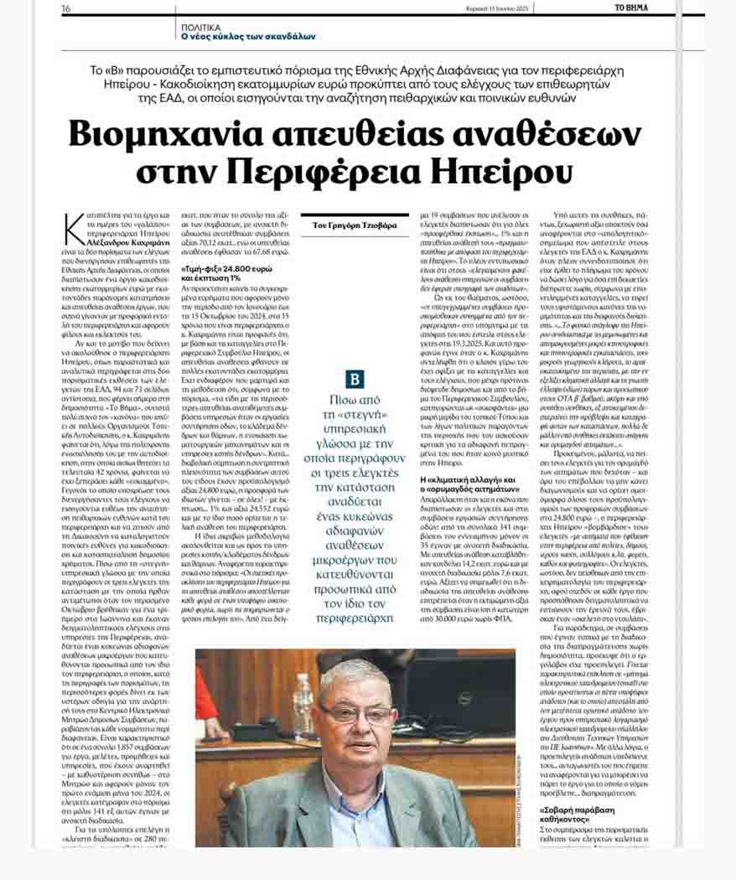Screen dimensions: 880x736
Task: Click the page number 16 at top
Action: point(65,8)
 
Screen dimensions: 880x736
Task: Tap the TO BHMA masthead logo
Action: point(630,8)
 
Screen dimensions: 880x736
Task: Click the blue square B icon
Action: point(355,379)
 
